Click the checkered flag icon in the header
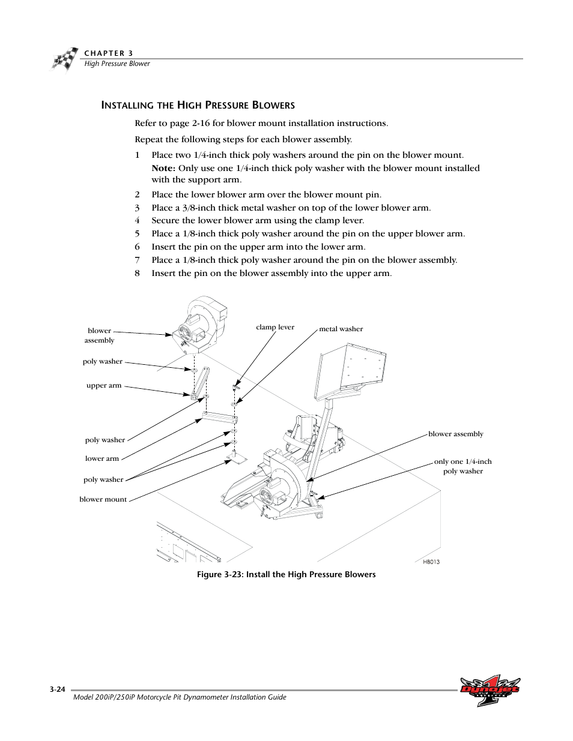[64, 59]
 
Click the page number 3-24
[58, 690]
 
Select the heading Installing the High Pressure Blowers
[198, 105]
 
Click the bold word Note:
[163, 168]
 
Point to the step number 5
[137, 233]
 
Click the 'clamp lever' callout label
[275, 327]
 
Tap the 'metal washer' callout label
[341, 329]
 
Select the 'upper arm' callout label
[104, 386]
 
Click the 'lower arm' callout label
[102, 458]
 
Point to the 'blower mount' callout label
[103, 499]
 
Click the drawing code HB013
[431, 562]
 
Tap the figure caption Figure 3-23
[286, 575]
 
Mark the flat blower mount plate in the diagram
[237, 459]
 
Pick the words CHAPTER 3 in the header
[108, 53]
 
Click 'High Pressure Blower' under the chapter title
[117, 64]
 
